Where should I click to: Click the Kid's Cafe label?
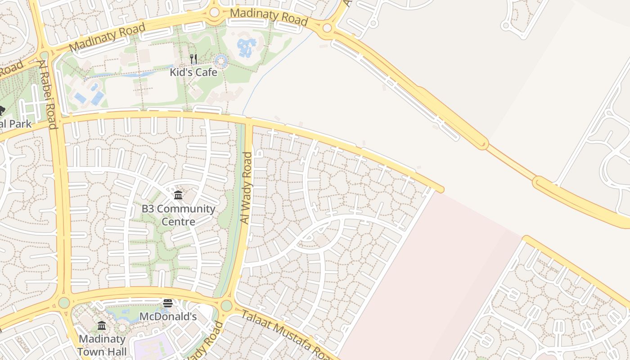(x=193, y=72)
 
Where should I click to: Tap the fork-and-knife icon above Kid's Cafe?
(x=193, y=59)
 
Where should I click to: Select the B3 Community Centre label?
(x=178, y=215)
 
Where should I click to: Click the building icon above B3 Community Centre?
(x=178, y=195)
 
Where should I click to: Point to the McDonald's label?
(x=168, y=316)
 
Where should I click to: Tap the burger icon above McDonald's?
(x=168, y=303)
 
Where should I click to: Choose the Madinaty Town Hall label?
(x=102, y=345)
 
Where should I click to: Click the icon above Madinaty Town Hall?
(x=102, y=325)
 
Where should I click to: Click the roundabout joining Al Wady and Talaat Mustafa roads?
(x=226, y=306)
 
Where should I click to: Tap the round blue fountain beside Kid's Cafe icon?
(x=220, y=61)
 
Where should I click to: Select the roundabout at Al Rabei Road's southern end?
(x=64, y=302)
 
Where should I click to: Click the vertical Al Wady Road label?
(x=247, y=188)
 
